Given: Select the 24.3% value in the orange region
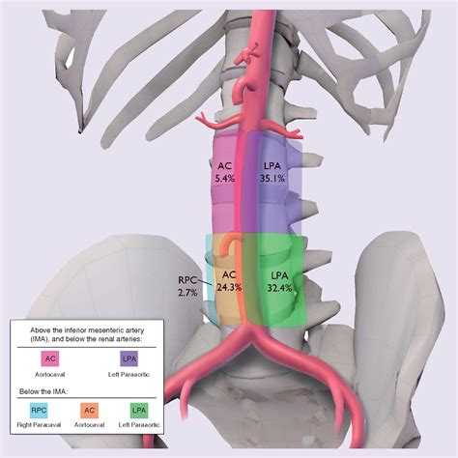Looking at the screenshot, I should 230,286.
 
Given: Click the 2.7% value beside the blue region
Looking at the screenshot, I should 187,291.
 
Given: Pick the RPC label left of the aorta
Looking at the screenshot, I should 187,279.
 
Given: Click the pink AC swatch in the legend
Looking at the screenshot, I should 51,359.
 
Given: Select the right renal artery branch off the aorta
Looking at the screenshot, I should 215,122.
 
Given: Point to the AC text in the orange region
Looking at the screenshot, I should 230,273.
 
